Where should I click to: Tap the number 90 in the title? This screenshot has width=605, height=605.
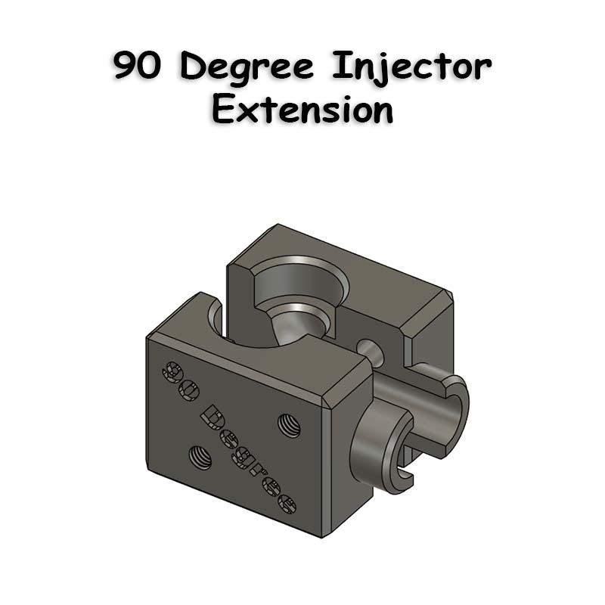tap(136, 66)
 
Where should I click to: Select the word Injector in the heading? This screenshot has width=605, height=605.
tap(411, 67)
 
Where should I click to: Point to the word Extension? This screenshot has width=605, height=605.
tap(302, 109)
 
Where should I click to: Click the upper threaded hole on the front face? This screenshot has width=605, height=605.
tap(290, 425)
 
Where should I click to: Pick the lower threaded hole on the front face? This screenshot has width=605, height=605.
tap(200, 457)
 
